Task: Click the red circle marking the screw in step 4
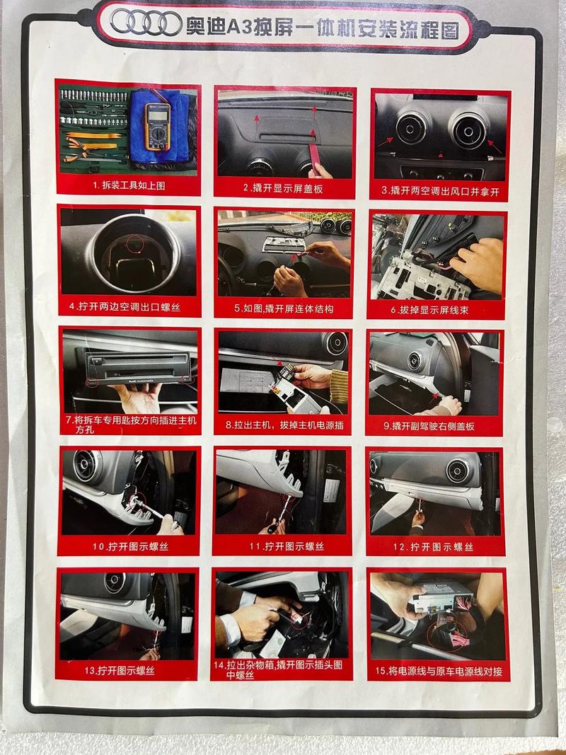[133, 244]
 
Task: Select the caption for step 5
[284, 309]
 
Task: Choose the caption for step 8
[284, 425]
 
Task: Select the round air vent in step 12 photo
[457, 471]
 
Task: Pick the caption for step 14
[283, 670]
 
